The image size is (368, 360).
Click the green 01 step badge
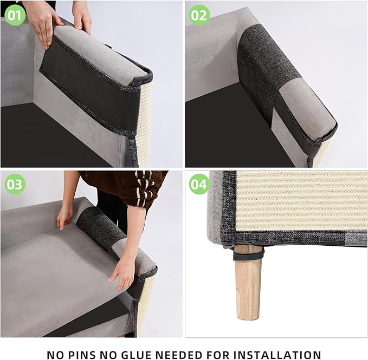pos(15,15)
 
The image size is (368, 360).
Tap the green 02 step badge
pos(199,15)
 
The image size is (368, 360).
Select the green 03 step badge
pos(15,185)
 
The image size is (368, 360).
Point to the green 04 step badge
pos(199,185)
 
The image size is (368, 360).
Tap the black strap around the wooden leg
pos(249,253)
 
